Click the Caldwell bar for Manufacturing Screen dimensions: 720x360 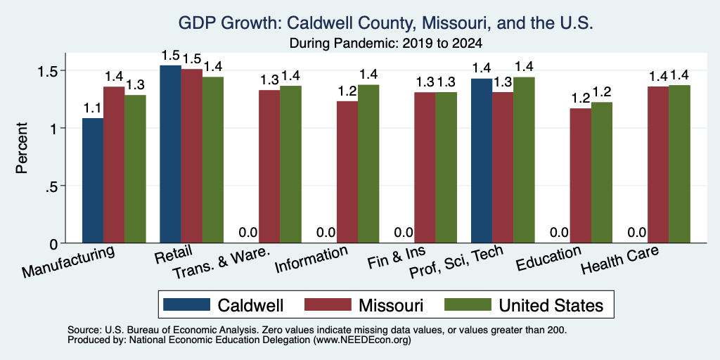pos(93,181)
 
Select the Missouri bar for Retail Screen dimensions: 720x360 pos(191,156)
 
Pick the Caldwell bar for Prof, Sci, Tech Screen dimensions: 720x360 pos(482,161)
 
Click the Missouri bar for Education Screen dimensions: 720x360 pos(580,175)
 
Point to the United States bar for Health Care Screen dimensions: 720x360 pos(680,164)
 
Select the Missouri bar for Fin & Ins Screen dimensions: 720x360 pos(425,167)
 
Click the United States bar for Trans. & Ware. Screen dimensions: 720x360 pos(291,165)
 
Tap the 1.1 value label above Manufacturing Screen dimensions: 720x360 pos(93,109)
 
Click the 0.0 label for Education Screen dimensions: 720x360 pos(559,233)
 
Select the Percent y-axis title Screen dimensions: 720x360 pos(22,148)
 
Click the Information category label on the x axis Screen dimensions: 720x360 pos(311,260)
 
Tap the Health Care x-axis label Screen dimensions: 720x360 pos(620,260)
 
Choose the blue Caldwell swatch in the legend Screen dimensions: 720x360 pos(186,304)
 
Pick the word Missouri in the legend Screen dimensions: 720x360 pos(391,305)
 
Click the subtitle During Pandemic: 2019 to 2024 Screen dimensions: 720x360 pos(386,44)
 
